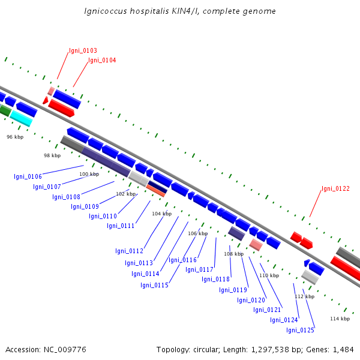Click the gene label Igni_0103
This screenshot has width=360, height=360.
click(83, 50)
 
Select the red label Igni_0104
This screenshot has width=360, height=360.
click(102, 60)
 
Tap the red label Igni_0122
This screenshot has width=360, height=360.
click(335, 188)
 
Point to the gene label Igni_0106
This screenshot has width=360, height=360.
click(28, 176)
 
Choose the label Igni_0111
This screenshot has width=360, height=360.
click(121, 226)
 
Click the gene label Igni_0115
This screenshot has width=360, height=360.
click(154, 285)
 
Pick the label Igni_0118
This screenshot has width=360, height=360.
click(215, 279)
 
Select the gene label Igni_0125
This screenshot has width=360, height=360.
click(300, 330)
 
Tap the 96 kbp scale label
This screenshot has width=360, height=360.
click(15, 137)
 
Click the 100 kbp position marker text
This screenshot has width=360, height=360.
click(89, 174)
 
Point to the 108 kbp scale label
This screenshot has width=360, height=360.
click(234, 254)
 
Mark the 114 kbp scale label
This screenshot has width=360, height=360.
click(340, 319)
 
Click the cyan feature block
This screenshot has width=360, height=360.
click(21, 118)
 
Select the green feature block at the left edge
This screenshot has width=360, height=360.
click(5, 110)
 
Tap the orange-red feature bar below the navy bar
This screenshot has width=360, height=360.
click(155, 191)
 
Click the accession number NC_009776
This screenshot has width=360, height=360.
click(65, 350)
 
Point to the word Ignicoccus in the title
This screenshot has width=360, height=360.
click(106, 11)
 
